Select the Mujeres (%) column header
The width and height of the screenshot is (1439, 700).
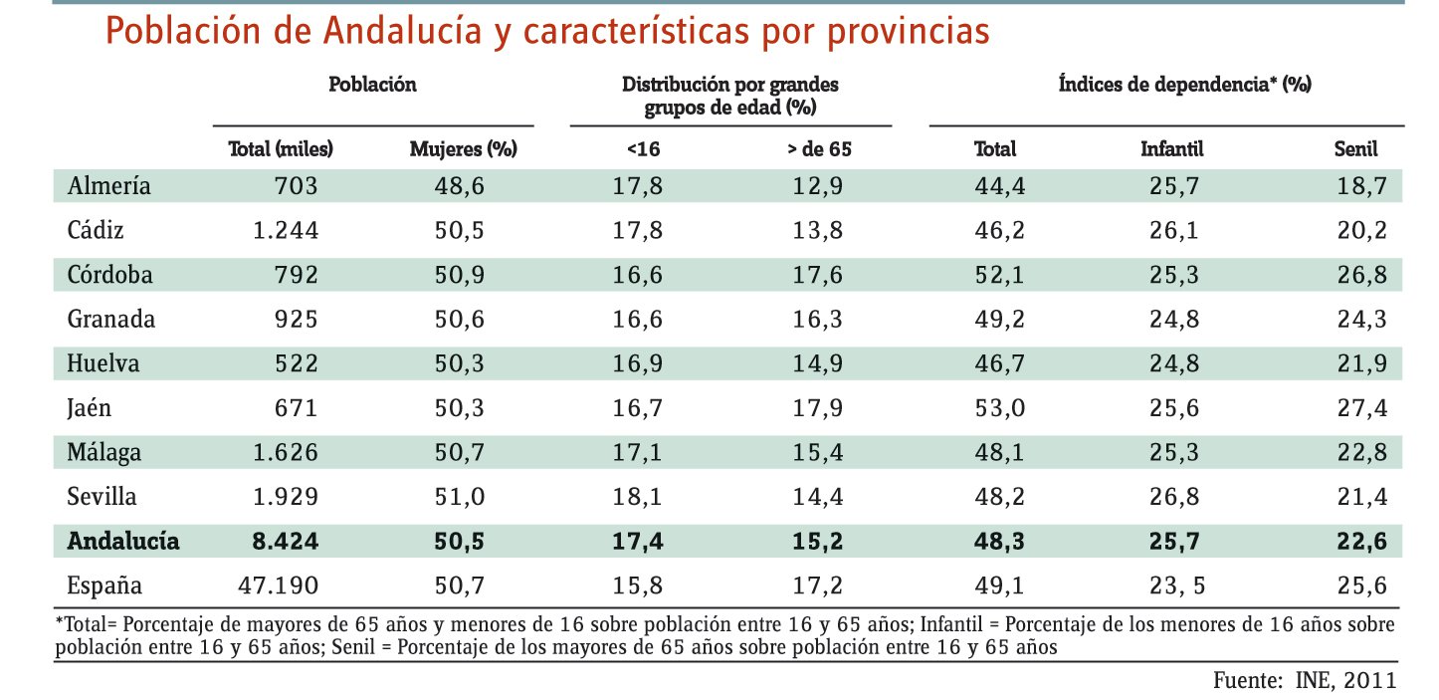point(464,150)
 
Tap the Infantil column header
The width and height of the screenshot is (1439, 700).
point(1171,150)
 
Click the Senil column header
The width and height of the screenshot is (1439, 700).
point(1355,150)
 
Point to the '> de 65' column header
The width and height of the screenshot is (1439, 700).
point(819,150)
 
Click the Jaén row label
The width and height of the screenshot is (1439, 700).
point(90,407)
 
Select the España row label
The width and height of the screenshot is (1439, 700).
point(103,584)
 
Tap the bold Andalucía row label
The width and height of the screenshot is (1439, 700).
point(123,542)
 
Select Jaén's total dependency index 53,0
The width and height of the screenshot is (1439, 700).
point(995,407)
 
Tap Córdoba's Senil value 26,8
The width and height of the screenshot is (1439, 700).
point(1360,275)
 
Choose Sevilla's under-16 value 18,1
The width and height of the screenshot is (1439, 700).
point(638,496)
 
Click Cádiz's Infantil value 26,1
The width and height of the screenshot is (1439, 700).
point(1171,231)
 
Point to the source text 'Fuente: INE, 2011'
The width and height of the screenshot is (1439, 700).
point(1305,681)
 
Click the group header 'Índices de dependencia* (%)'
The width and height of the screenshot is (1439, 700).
point(1184,85)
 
